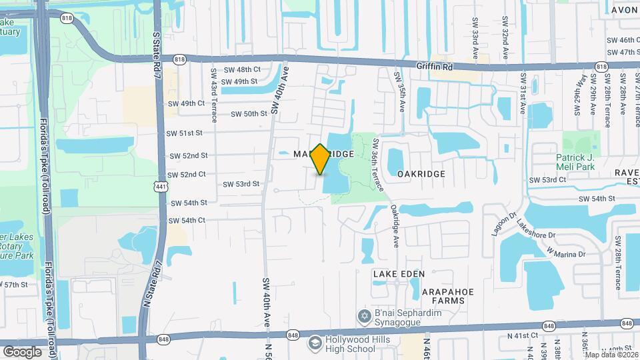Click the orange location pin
[321, 159]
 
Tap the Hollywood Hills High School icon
[314, 343]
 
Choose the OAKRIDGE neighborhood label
[421, 173]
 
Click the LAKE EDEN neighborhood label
[399, 274]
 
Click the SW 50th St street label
[249, 114]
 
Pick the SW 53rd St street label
[241, 184]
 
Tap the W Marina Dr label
[565, 253]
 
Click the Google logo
[22, 351]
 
